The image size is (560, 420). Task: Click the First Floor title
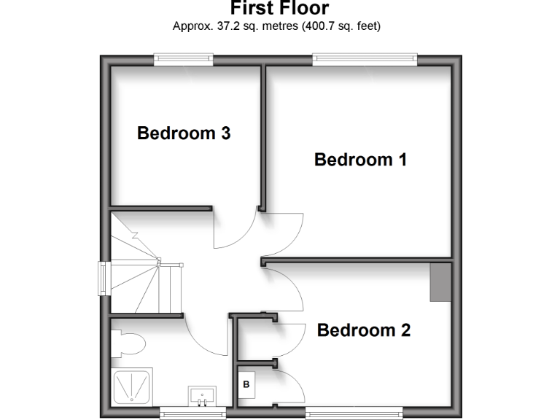[279, 9]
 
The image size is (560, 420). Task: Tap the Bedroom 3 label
[184, 133]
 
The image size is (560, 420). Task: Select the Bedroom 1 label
[360, 160]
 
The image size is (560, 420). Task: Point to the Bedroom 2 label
[364, 330]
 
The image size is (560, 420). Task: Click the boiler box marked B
[246, 384]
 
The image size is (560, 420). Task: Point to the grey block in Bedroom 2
[440, 283]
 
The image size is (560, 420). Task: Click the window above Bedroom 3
[183, 59]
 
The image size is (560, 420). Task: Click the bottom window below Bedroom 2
[353, 413]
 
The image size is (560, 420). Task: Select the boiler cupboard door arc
[292, 382]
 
